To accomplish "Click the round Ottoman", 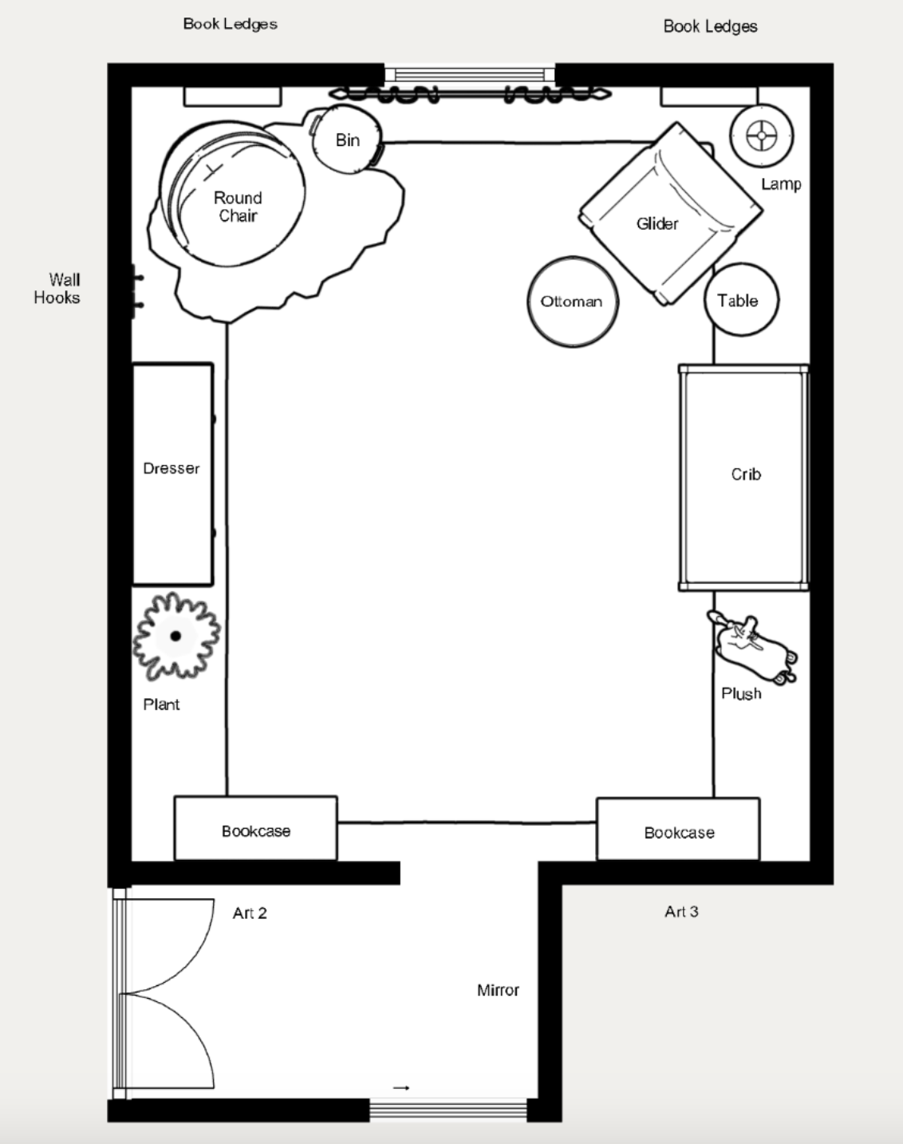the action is pyautogui.click(x=573, y=302).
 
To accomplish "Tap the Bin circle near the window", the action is pyautogui.click(x=348, y=140).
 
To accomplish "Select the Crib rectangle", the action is pyautogui.click(x=743, y=478).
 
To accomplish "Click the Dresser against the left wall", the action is pyautogui.click(x=173, y=474).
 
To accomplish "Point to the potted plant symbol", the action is pyautogui.click(x=176, y=636).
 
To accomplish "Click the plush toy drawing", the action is pyautogui.click(x=751, y=647).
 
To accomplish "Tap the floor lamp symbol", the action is pyautogui.click(x=761, y=136).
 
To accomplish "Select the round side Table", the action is pyautogui.click(x=741, y=300).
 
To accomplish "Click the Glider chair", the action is pyautogui.click(x=671, y=213).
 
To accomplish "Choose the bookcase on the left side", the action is pyautogui.click(x=255, y=827).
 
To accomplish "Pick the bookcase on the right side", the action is pyautogui.click(x=678, y=829).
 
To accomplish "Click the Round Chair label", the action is pyautogui.click(x=238, y=207).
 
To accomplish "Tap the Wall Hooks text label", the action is pyautogui.click(x=57, y=289).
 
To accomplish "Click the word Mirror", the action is pyautogui.click(x=498, y=990).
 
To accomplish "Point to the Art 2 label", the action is pyautogui.click(x=250, y=913).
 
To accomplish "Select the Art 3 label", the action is pyautogui.click(x=681, y=912).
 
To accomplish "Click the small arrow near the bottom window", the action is pyautogui.click(x=401, y=1087).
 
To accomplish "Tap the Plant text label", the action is pyautogui.click(x=162, y=704).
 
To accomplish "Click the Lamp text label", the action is pyautogui.click(x=781, y=184).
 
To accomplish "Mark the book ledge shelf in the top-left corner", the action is pyautogui.click(x=233, y=97).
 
